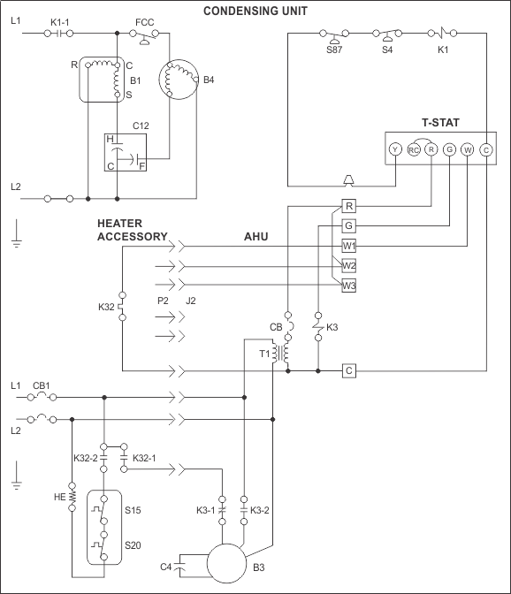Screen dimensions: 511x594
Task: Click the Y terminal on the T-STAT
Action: [x=395, y=149]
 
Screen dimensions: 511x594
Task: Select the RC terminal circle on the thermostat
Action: [x=413, y=149]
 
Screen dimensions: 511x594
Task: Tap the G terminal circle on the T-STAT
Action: [x=449, y=149]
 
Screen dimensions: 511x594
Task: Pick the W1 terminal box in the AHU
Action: [x=349, y=246]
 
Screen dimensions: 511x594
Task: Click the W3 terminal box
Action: [x=349, y=286]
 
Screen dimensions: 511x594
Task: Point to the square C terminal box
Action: [x=349, y=370]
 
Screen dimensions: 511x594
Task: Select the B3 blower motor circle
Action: [x=226, y=563]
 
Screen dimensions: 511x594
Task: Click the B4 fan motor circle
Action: [x=179, y=80]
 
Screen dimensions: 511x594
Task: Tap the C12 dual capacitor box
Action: [x=126, y=152]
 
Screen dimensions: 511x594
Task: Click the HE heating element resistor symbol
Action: [x=72, y=497]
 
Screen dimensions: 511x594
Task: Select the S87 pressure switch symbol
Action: [x=334, y=35]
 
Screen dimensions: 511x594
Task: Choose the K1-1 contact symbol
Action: [x=58, y=34]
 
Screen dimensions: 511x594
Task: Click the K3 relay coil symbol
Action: [x=318, y=326]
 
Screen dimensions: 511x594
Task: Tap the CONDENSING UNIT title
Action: [x=255, y=11]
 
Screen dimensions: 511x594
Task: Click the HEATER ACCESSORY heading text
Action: [x=133, y=230]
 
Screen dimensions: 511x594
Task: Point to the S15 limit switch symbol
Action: [x=103, y=510]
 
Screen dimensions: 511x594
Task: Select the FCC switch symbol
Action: [x=144, y=36]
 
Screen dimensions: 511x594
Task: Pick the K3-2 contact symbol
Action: [x=244, y=510]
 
